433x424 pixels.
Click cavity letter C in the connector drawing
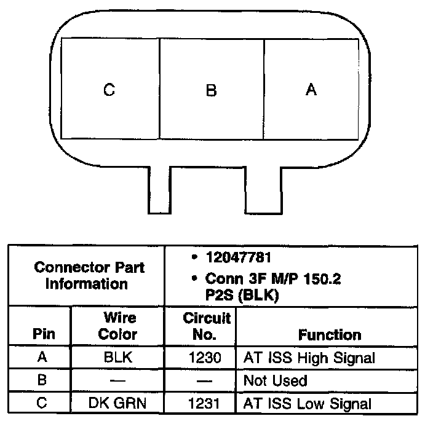(x=109, y=90)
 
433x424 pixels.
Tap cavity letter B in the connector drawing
(x=211, y=90)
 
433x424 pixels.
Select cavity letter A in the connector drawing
(x=311, y=90)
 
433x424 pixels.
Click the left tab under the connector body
(x=159, y=190)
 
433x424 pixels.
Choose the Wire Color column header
(x=117, y=327)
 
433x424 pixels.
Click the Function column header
(x=330, y=335)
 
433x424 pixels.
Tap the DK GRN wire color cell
(x=117, y=404)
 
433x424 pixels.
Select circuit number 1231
(x=201, y=404)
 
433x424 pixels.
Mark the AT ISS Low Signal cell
(x=308, y=404)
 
